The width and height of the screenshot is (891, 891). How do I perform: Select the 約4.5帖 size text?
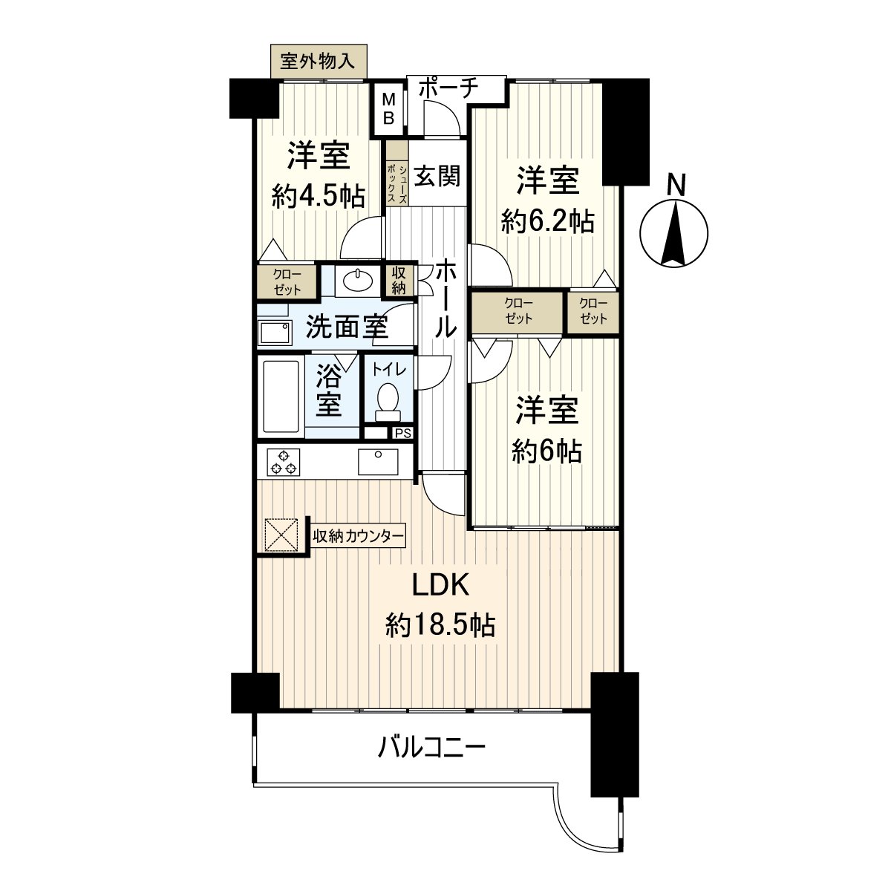point(318,196)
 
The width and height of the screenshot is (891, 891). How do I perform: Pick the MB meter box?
point(388,108)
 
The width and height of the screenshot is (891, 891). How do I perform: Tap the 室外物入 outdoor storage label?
point(318,59)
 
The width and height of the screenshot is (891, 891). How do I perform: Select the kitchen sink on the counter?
point(377,461)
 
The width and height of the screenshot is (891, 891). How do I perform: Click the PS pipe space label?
point(402,433)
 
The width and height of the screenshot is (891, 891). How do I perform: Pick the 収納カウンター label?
point(358,536)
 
